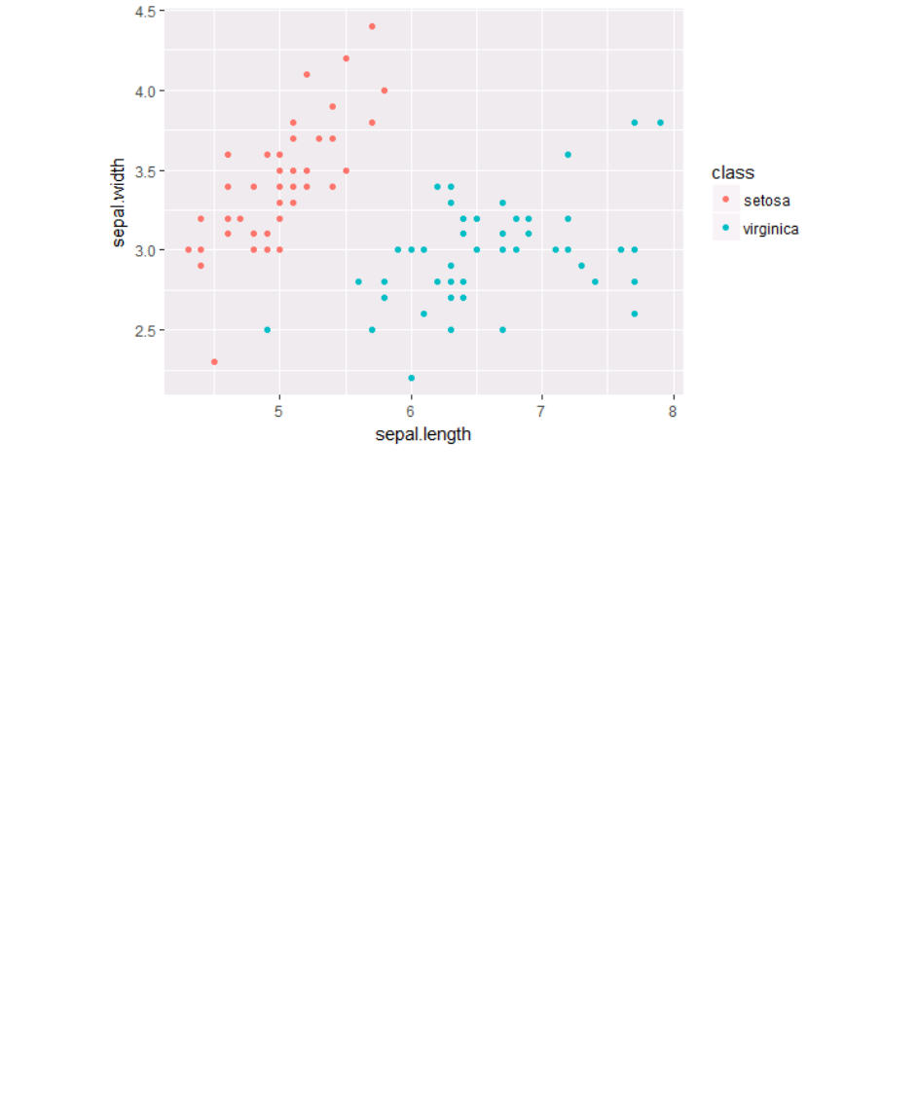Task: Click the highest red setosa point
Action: click(x=372, y=26)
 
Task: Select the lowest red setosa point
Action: click(x=214, y=361)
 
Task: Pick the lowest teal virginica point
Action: click(x=412, y=378)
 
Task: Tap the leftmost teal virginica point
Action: click(x=267, y=330)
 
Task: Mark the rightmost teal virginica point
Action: click(x=660, y=123)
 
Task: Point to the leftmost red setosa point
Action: click(x=188, y=249)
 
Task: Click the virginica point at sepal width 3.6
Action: click(x=568, y=154)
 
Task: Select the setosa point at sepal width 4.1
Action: click(x=307, y=74)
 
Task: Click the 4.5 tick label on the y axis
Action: click(x=144, y=11)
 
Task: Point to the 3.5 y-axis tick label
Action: click(x=144, y=170)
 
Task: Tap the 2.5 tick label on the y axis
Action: click(x=144, y=330)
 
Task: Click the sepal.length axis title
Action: click(x=422, y=434)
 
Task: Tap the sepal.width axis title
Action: click(x=119, y=202)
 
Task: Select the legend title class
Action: click(x=733, y=173)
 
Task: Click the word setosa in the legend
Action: click(x=766, y=202)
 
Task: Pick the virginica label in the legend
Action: click(x=770, y=229)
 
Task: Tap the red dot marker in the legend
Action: click(x=725, y=201)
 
